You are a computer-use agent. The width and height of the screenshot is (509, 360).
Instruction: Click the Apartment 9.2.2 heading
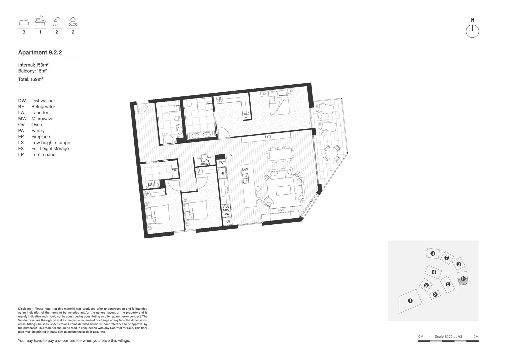tap(40, 52)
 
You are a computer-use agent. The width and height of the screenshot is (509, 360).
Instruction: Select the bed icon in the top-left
tap(24, 22)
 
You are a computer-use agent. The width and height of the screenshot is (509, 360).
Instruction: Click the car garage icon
tap(73, 22)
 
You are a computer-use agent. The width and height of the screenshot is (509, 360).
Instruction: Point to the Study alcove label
tap(205, 162)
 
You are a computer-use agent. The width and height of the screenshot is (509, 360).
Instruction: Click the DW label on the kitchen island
tap(245, 169)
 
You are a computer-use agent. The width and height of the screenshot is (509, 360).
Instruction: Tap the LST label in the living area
tap(268, 137)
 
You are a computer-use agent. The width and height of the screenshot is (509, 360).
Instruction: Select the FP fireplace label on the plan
tap(280, 210)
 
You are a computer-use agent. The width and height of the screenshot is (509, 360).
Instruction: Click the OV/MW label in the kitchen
tap(226, 208)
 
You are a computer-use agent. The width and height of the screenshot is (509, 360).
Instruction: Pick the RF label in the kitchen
tap(223, 173)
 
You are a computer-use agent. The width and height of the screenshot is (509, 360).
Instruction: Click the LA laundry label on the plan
tap(150, 184)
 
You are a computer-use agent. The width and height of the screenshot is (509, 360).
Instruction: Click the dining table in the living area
tap(281, 155)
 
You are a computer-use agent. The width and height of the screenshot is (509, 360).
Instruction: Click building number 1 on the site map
tap(410, 301)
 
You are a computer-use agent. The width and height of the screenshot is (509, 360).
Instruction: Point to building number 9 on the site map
tap(463, 278)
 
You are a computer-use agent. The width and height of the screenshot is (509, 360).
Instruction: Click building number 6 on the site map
tap(433, 253)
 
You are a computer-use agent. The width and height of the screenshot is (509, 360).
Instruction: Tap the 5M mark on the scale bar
tap(476, 337)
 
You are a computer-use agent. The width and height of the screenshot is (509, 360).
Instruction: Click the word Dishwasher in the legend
tap(43, 101)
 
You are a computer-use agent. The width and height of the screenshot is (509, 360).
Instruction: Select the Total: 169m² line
tap(31, 79)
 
